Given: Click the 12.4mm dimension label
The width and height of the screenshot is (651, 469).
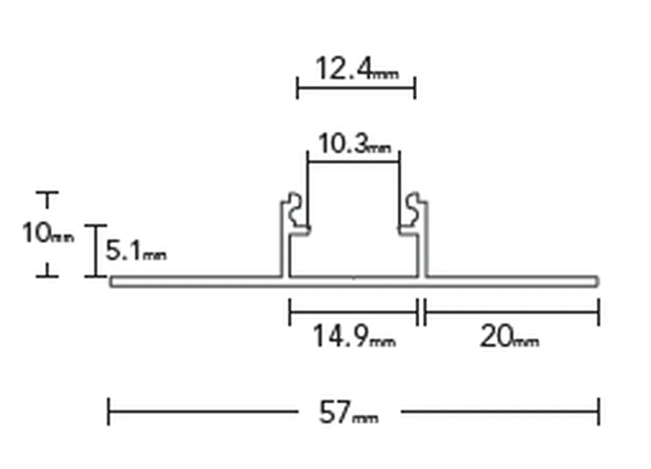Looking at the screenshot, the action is (x=357, y=69).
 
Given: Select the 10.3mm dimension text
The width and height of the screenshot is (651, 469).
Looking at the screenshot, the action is (x=355, y=144).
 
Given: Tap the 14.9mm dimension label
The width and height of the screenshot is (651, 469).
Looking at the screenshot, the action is (x=354, y=336).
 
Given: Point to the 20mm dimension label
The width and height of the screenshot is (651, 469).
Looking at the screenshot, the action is (x=509, y=336).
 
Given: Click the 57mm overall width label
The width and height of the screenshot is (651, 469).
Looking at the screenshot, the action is (x=348, y=412).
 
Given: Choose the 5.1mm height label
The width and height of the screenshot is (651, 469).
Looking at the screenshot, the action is (x=136, y=250).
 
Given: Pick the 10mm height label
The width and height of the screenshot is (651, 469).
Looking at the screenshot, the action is (x=48, y=233).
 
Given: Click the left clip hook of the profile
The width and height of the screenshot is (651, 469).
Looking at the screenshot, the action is (x=296, y=211).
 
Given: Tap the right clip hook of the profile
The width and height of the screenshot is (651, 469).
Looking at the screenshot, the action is (x=412, y=211).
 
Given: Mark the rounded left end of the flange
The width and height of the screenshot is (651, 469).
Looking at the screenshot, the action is (x=112, y=282).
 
